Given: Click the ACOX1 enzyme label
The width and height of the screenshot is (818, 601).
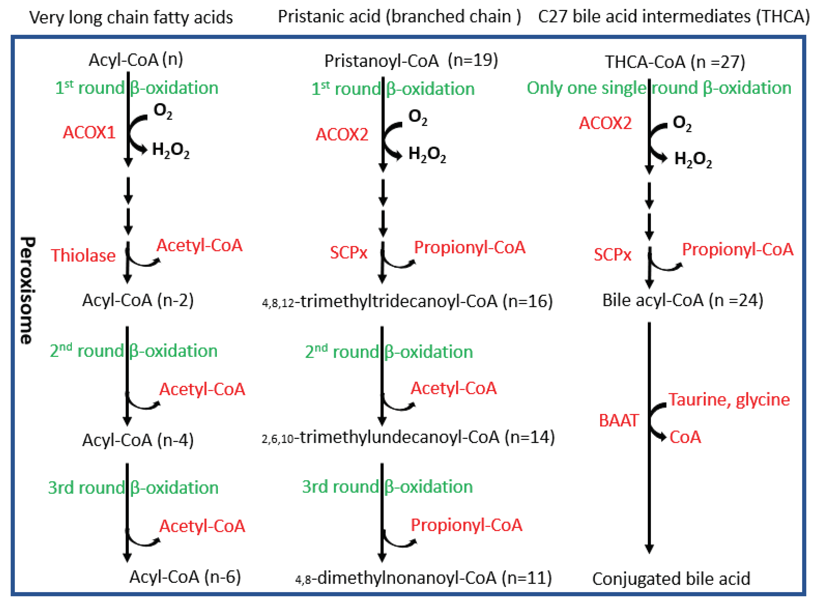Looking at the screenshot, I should (x=89, y=132).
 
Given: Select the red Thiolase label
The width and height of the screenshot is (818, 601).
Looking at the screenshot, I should (x=83, y=255).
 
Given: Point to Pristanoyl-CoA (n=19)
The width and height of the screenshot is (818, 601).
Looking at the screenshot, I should (x=411, y=60).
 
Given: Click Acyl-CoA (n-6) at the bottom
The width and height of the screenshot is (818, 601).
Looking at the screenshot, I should (x=185, y=577).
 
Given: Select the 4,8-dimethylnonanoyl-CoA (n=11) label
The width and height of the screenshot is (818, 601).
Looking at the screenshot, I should (x=423, y=578).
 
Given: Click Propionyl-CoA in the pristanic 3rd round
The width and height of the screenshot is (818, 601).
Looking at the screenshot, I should (x=466, y=525).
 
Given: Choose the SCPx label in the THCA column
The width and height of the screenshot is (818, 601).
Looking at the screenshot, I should (x=612, y=255).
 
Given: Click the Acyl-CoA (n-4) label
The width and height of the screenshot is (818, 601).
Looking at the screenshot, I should (x=138, y=440).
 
